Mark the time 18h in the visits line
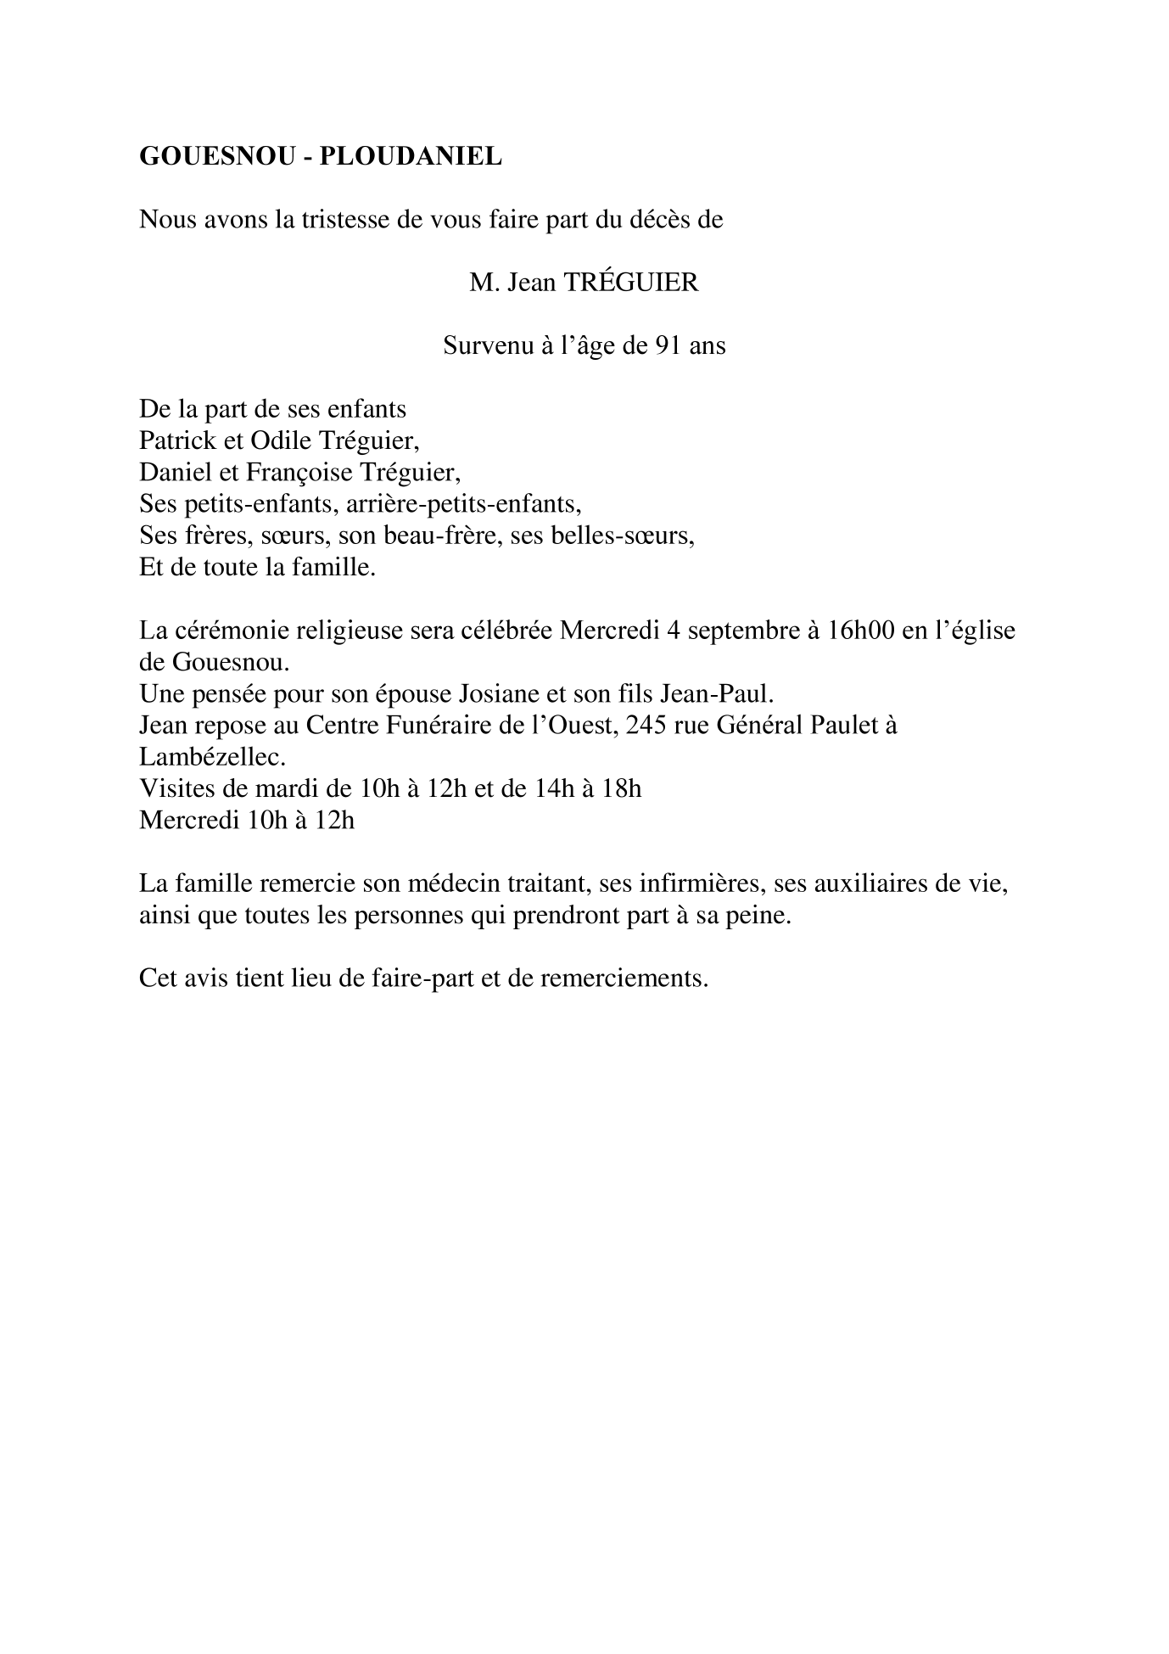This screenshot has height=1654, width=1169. (622, 789)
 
